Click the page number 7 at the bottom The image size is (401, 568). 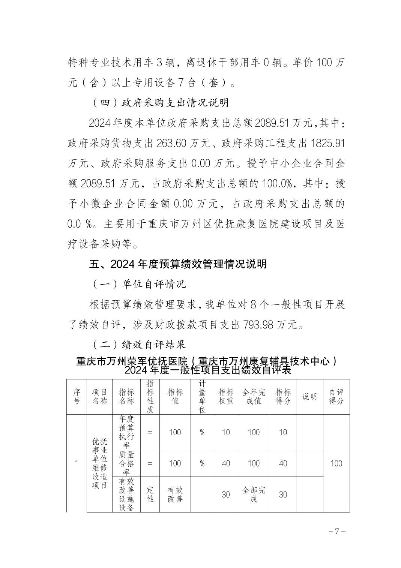coord(336,532)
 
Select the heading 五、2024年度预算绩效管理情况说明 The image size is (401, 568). coord(178,264)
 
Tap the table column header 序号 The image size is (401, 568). coord(77,397)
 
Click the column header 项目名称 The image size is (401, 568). coord(100,397)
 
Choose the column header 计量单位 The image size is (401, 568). coord(202,397)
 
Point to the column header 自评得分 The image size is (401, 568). coord(336,397)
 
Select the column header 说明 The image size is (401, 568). coord(309,397)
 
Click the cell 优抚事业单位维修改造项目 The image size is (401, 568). coord(100,463)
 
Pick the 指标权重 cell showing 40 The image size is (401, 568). coord(226,463)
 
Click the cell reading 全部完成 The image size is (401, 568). coord(254,495)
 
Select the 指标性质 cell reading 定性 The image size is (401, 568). coord(150,495)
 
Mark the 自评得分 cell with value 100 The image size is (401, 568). coord(336,463)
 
